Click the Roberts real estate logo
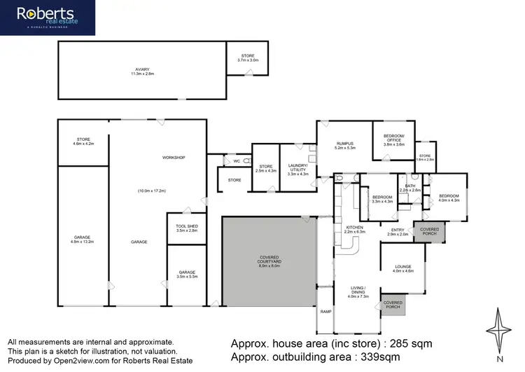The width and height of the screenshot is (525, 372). (x=47, y=18)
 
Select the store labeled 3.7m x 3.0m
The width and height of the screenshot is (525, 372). (x=247, y=58)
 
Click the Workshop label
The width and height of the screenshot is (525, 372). (x=173, y=158)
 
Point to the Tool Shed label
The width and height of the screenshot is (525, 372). (x=186, y=228)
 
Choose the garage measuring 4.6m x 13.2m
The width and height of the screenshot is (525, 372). (x=83, y=240)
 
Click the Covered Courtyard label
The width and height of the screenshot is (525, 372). (x=269, y=264)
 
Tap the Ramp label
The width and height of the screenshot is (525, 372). (x=325, y=312)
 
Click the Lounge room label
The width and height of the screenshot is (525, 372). (x=403, y=268)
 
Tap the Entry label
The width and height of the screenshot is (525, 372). (x=397, y=232)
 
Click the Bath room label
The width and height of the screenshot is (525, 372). (x=410, y=188)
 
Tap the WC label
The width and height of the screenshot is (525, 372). (x=237, y=161)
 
